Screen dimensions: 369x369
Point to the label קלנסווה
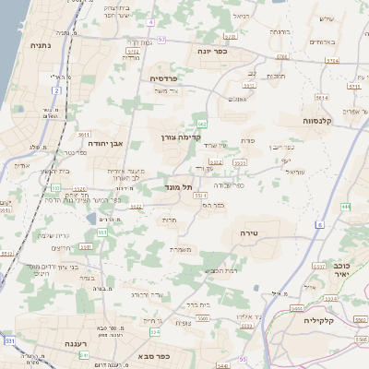(x=322, y=120)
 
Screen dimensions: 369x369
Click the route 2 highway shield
(x=56, y=90)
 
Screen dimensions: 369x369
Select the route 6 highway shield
(x=319, y=224)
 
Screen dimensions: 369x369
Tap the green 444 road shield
(x=345, y=207)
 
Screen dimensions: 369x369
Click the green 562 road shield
(x=201, y=123)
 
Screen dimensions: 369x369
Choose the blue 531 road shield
(x=9, y=341)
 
